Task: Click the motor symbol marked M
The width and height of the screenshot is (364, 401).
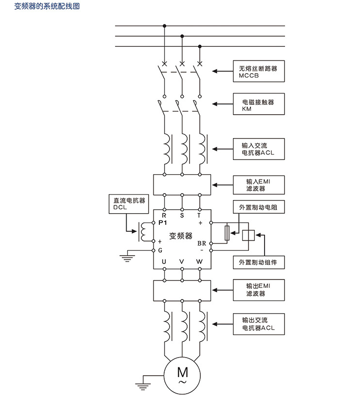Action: tap(183, 374)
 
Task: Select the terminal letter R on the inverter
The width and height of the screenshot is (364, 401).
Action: tap(164, 215)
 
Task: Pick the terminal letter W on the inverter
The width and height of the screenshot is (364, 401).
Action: tap(199, 261)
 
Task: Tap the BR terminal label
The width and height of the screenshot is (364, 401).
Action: tap(202, 242)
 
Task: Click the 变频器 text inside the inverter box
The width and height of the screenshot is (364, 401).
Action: tap(181, 236)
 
